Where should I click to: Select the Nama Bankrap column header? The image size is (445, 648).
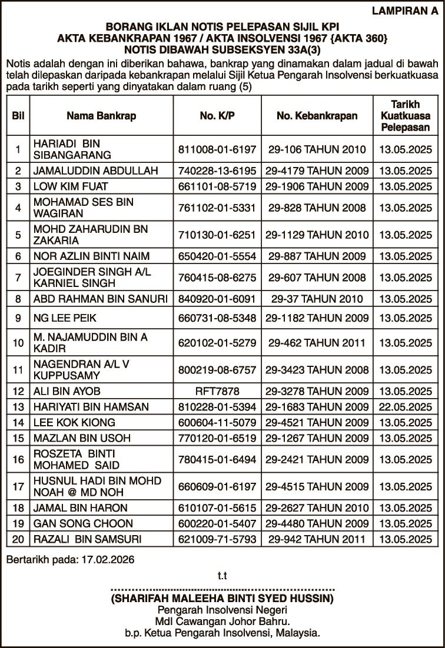click(x=101, y=116)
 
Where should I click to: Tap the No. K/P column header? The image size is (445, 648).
click(x=217, y=116)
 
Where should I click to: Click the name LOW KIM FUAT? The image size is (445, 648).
click(x=71, y=186)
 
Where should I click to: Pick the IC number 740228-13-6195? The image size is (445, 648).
click(x=217, y=171)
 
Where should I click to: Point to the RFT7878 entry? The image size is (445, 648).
click(x=217, y=391)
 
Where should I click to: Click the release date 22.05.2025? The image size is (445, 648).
click(x=406, y=406)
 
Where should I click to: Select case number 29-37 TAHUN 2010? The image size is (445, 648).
click(x=317, y=299)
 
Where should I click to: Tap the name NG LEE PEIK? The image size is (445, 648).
click(x=64, y=318)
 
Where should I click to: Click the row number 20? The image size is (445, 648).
click(x=18, y=539)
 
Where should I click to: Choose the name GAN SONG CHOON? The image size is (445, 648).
click(x=83, y=523)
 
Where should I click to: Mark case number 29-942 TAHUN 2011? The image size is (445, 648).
click(x=317, y=539)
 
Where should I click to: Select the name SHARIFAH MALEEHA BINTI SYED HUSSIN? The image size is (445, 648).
click(x=222, y=599)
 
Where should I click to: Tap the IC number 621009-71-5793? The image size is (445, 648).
click(x=217, y=539)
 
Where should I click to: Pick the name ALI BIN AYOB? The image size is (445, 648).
click(x=67, y=391)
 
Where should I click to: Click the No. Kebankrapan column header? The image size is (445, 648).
click(x=317, y=116)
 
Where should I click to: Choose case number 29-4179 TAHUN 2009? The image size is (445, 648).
click(x=317, y=171)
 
